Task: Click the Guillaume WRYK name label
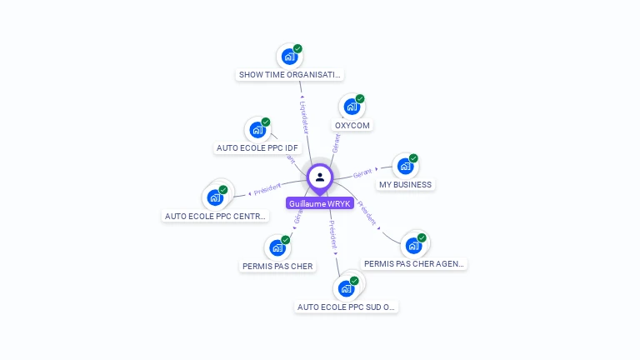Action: click(x=320, y=203)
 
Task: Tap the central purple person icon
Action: click(x=320, y=177)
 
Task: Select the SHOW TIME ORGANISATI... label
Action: click(x=289, y=75)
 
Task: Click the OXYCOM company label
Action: click(x=352, y=126)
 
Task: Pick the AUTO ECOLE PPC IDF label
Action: click(x=257, y=148)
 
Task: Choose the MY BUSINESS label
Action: click(x=405, y=185)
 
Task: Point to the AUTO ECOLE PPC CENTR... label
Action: click(x=216, y=217)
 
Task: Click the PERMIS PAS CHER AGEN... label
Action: click(x=414, y=264)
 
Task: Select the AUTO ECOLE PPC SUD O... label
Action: click(x=346, y=307)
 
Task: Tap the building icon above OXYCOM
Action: click(x=352, y=107)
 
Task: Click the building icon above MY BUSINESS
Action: click(x=405, y=166)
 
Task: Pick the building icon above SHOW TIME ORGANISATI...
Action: click(x=289, y=57)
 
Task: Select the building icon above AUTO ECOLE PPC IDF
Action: click(x=257, y=130)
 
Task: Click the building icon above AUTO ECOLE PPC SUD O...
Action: click(x=346, y=288)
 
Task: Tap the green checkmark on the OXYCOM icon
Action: click(x=360, y=99)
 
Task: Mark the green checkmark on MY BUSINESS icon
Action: click(x=413, y=158)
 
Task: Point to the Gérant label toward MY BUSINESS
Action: click(x=362, y=173)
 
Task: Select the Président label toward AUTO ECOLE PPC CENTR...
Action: click(x=268, y=190)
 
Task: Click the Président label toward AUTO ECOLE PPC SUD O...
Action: click(x=332, y=235)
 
